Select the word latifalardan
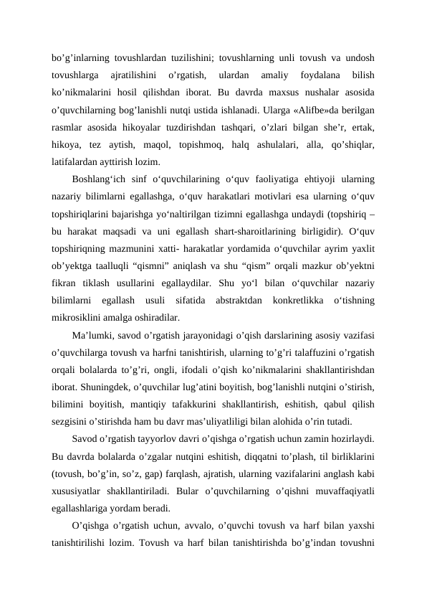[75, 161]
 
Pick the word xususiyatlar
[78, 473]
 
